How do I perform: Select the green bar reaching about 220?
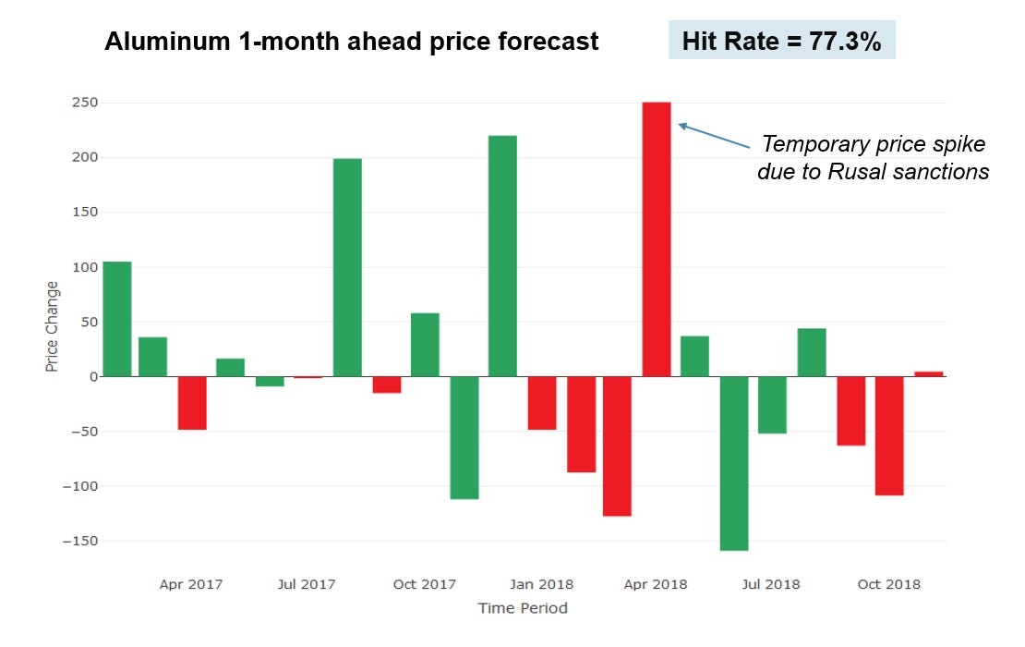point(502,256)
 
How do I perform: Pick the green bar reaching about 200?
point(347,267)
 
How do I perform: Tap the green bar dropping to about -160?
point(733,463)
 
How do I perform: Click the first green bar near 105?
point(116,319)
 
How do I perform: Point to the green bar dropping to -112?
point(464,437)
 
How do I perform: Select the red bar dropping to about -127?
point(617,446)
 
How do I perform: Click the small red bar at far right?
point(928,373)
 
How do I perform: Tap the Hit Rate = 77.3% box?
point(781,42)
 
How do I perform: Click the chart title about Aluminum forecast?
point(351,42)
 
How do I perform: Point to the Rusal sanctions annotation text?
point(873,158)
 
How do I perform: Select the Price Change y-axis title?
point(52,326)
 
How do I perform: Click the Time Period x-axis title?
point(522,608)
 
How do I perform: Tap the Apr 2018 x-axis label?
point(656,584)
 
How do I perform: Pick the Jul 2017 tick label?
point(307,584)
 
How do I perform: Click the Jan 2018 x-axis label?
point(542,584)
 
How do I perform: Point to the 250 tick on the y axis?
point(84,103)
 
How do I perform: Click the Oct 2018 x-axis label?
point(888,584)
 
